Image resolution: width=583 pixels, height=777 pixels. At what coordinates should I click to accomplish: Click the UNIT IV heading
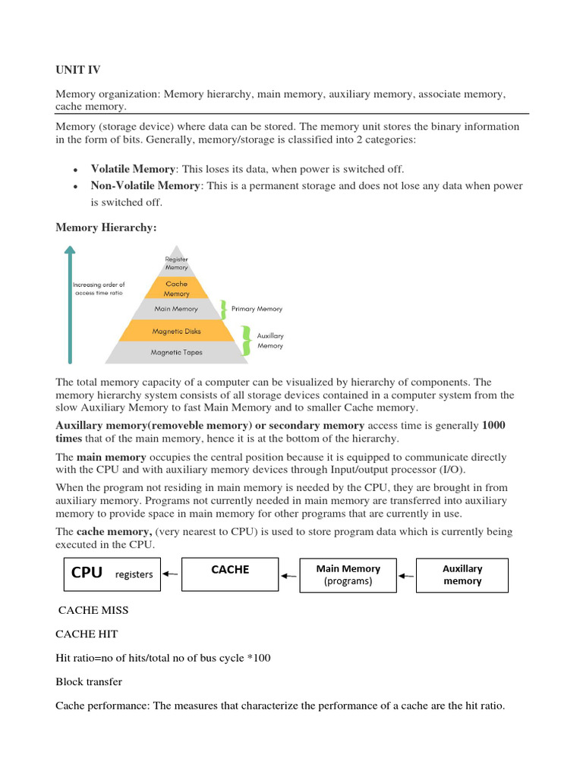77,71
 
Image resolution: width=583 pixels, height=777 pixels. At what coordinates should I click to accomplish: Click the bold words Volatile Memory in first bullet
133,169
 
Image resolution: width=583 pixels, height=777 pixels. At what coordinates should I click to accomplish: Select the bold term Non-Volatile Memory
146,186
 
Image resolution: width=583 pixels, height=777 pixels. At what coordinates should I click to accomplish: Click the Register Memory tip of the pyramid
176,263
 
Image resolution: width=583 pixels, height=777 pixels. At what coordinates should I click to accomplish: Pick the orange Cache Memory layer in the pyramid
176,288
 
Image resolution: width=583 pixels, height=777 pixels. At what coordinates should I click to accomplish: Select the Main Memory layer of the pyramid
176,309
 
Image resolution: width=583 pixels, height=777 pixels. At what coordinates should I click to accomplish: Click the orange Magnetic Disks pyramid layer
176,331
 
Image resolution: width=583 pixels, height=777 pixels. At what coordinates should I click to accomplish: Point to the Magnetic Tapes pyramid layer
176,352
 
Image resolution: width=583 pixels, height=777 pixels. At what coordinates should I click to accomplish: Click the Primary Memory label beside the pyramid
257,309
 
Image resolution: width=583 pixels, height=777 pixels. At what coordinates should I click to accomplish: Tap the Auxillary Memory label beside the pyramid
269,340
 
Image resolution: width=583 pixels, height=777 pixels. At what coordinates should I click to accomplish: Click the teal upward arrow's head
70,251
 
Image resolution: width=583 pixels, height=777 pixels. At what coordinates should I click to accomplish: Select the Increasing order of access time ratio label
99,288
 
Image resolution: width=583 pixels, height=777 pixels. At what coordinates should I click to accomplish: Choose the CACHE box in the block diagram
230,574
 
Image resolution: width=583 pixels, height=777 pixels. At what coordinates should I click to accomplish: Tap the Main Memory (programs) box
348,574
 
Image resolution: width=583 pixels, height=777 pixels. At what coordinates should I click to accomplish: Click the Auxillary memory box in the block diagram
462,574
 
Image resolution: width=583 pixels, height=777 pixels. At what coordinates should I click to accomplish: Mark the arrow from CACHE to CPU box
171,574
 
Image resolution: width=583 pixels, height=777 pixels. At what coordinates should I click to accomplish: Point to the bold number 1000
493,426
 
